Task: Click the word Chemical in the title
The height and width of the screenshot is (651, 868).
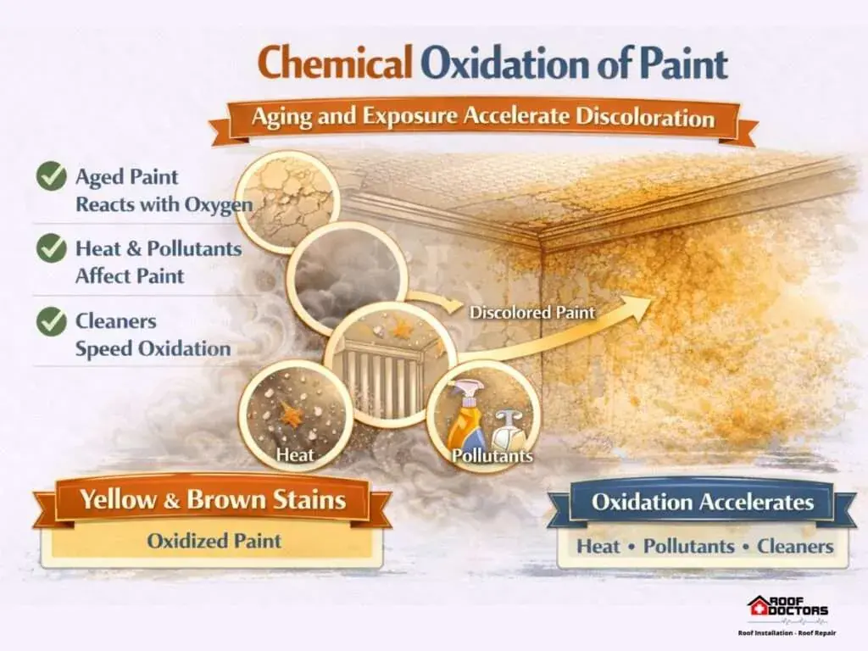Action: (335, 63)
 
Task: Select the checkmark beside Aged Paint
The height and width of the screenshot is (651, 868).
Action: (52, 176)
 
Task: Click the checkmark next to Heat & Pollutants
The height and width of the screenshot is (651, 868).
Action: (52, 248)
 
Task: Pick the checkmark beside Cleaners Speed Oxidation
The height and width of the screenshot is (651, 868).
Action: (52, 321)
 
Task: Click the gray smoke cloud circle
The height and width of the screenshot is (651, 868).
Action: (347, 278)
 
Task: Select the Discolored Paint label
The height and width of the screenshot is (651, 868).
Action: (532, 312)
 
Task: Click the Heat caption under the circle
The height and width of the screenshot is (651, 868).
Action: (295, 454)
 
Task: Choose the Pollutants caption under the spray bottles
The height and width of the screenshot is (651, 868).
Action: (492, 455)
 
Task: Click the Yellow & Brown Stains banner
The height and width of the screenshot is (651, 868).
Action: (213, 500)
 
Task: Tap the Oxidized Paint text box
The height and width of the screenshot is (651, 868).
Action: (213, 542)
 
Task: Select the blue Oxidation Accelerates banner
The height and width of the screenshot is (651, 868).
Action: (702, 503)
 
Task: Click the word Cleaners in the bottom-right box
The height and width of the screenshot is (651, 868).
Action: (795, 547)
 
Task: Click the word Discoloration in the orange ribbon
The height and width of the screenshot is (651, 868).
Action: (645, 117)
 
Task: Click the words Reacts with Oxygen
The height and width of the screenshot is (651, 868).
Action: (164, 205)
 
